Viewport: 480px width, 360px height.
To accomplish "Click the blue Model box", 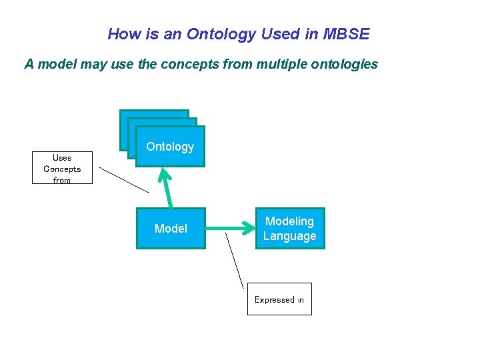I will pyautogui.click(x=171, y=229).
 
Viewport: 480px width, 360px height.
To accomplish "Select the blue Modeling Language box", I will pyautogui.click(x=289, y=229).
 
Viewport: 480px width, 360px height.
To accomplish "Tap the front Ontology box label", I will pyautogui.click(x=170, y=147).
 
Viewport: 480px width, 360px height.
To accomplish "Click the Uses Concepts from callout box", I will pyautogui.click(x=62, y=168).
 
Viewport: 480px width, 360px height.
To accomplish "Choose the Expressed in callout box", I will pyautogui.click(x=279, y=299).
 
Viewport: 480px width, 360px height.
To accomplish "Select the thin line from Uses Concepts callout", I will pyautogui.click(x=124, y=180).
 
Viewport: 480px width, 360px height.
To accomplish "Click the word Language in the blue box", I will pyautogui.click(x=289, y=236).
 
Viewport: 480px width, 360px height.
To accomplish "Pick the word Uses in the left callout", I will pyautogui.click(x=62, y=157).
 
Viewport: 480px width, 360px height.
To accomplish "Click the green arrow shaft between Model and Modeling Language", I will pyautogui.click(x=227, y=229).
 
